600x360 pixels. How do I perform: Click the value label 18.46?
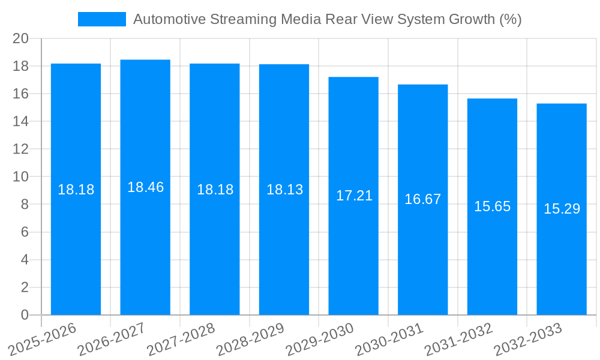(145, 187)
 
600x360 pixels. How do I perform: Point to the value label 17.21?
(354, 196)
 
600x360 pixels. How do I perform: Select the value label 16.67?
(422, 199)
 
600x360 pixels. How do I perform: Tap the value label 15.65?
(492, 206)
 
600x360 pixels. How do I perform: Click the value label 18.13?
(284, 190)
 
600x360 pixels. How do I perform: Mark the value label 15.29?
(562, 209)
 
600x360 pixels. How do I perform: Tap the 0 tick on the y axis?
(25, 315)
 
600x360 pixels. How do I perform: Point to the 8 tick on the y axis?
(25, 205)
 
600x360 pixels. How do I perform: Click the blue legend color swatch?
(102, 19)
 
